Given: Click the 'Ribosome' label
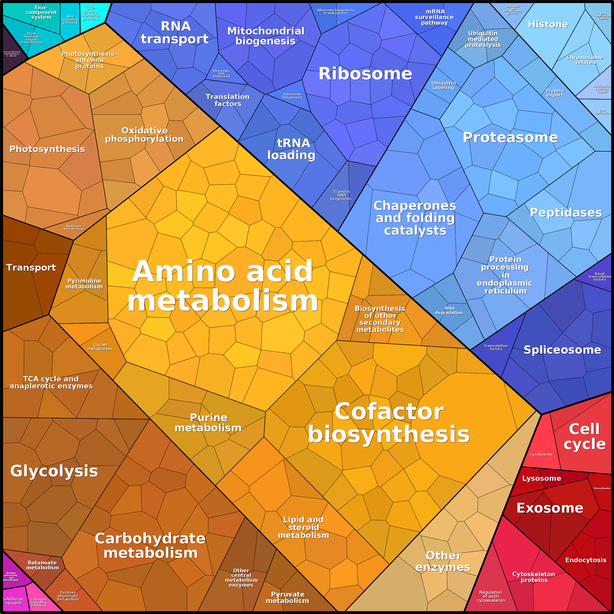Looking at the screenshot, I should [365, 74].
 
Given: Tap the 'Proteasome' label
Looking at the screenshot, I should [510, 137].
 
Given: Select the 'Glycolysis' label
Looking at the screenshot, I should [54, 471].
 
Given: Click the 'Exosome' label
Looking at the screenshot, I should [550, 508].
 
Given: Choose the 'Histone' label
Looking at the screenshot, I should [548, 24].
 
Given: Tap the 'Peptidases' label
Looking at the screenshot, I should [566, 212].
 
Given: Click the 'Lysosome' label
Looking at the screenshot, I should [542, 478].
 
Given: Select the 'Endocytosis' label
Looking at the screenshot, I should [585, 560].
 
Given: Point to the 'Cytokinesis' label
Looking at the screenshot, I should [541, 454].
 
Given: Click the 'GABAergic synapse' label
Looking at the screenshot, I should [14, 601].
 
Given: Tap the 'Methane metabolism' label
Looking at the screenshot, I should [74, 228].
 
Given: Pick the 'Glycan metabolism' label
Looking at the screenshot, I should [100, 347].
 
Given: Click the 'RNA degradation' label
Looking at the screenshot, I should [449, 310].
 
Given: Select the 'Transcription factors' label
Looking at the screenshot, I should [496, 347].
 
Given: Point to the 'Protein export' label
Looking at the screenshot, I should [555, 93].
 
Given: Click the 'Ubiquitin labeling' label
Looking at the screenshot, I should [444, 85].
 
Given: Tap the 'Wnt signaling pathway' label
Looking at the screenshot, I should [70, 20].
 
